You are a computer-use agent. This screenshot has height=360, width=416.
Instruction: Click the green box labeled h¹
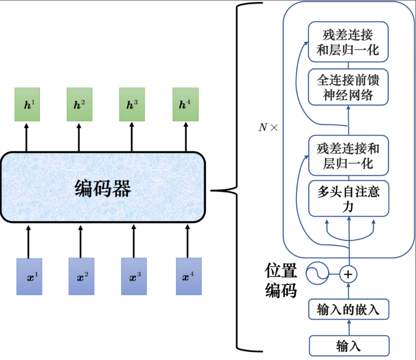27,104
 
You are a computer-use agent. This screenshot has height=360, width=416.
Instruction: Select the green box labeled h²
79,104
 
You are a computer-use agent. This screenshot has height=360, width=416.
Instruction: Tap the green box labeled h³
132,104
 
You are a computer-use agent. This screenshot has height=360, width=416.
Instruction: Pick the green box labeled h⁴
185,104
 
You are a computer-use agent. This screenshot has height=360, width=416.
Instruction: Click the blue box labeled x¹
29,277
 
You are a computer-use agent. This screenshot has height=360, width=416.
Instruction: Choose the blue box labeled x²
82,277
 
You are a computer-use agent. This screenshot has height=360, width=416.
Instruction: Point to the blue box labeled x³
134,277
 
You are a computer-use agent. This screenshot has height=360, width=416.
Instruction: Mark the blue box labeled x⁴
188,277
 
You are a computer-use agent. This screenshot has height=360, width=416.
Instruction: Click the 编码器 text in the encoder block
103,188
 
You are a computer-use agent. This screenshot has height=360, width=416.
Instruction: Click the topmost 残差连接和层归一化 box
349,42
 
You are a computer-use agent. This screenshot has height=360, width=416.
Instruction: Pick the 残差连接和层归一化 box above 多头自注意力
349,156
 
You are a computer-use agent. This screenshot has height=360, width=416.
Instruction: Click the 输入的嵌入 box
349,310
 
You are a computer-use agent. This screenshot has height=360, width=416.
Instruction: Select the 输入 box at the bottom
349,345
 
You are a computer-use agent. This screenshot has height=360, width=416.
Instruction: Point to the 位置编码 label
281,280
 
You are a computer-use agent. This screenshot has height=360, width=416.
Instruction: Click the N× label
268,127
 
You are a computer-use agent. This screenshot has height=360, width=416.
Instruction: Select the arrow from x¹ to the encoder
29,241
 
